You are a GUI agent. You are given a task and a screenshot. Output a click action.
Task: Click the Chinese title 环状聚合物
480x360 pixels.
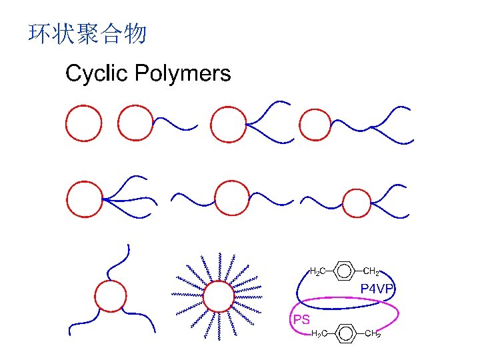[87, 34]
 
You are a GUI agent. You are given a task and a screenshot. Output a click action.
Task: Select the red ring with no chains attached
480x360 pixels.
[84, 123]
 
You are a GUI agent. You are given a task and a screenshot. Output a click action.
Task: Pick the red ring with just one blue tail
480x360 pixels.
[135, 123]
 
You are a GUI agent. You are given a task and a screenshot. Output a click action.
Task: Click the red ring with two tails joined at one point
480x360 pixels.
[229, 124]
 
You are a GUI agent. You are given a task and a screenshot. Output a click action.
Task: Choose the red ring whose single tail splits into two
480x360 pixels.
[315, 124]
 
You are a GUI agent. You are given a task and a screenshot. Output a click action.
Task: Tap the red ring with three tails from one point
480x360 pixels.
[85, 199]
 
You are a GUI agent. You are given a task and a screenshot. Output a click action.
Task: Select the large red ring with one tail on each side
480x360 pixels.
[231, 199]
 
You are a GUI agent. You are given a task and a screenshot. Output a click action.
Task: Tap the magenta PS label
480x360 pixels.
[301, 319]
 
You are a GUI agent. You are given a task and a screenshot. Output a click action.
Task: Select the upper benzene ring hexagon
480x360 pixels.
[343, 271]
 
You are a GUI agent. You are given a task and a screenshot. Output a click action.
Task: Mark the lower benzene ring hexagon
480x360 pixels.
[343, 331]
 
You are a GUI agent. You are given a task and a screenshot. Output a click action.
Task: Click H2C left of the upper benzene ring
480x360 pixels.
[318, 271]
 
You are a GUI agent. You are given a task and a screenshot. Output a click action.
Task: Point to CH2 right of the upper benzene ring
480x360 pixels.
[371, 271]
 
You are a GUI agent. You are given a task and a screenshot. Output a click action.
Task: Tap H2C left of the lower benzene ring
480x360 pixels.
[319, 333]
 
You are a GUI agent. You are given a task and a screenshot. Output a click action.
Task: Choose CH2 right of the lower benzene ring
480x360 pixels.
[373, 333]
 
